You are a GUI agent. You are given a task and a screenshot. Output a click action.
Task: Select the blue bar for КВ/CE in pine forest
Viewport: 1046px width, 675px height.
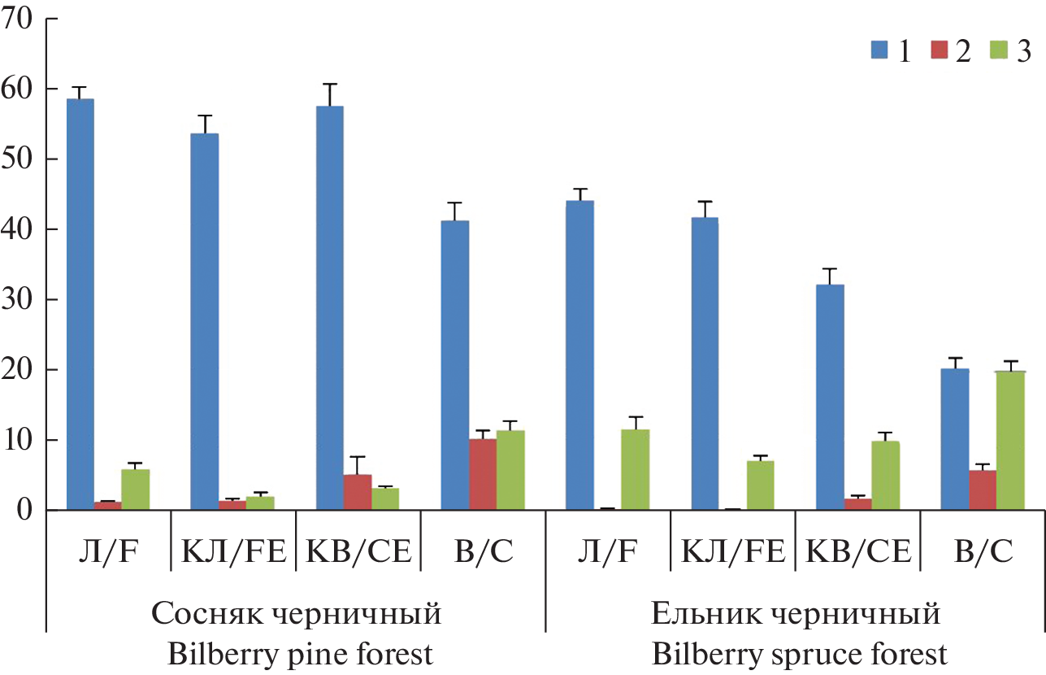(329, 308)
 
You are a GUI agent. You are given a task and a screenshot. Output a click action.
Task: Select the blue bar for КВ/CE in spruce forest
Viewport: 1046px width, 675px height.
(829, 398)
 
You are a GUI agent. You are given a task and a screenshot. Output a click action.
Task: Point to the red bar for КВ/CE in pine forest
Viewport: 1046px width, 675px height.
(357, 492)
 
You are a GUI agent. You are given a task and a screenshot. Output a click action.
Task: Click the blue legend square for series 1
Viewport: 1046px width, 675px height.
(879, 50)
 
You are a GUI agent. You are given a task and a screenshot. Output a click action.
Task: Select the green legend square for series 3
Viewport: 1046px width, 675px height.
(997, 50)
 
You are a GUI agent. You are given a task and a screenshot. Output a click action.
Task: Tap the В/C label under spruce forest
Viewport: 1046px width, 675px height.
(983, 554)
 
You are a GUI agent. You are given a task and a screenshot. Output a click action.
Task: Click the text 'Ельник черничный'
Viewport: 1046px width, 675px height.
(796, 613)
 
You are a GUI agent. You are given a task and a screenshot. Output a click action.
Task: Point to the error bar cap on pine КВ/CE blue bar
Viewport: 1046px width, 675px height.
(329, 84)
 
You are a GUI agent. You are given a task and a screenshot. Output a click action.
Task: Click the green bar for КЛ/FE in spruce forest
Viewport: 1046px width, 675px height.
(760, 486)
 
